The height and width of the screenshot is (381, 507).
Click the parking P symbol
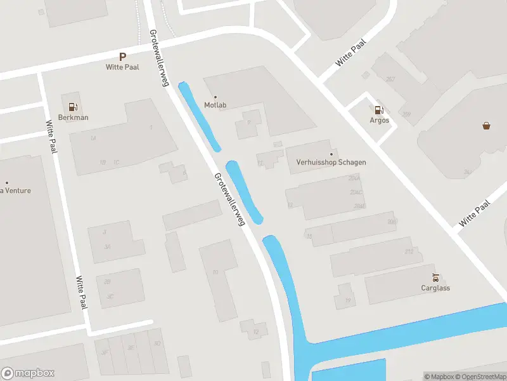(x=123, y=57)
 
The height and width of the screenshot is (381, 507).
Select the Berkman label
(x=74, y=117)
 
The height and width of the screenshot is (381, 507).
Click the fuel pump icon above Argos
(x=379, y=110)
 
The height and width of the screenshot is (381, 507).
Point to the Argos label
(x=379, y=121)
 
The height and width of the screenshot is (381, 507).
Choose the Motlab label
(x=215, y=105)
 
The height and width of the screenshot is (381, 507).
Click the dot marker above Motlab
(x=215, y=97)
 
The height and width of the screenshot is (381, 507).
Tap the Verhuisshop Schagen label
(x=331, y=163)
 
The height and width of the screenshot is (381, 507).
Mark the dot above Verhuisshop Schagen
(x=331, y=154)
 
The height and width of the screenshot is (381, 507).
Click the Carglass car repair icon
(x=435, y=277)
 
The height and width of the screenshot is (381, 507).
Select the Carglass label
(x=435, y=288)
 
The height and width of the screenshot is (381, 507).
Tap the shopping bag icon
(x=486, y=125)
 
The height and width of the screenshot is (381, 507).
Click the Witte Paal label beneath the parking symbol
(x=122, y=67)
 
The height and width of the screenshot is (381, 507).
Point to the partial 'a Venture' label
(x=16, y=190)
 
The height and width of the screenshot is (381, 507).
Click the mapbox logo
(x=28, y=373)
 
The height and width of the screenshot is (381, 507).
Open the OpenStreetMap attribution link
(x=480, y=377)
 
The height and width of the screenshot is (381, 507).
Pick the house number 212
(x=409, y=252)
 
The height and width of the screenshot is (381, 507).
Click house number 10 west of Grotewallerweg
(x=215, y=272)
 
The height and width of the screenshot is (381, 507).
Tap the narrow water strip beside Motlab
(x=199, y=117)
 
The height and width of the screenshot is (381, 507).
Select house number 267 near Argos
(x=390, y=79)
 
